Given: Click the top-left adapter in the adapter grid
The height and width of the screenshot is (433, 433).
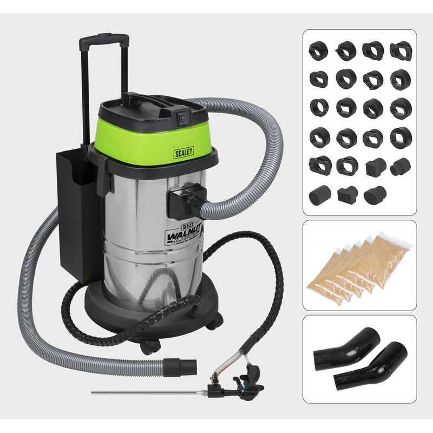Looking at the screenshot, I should point(318,51).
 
